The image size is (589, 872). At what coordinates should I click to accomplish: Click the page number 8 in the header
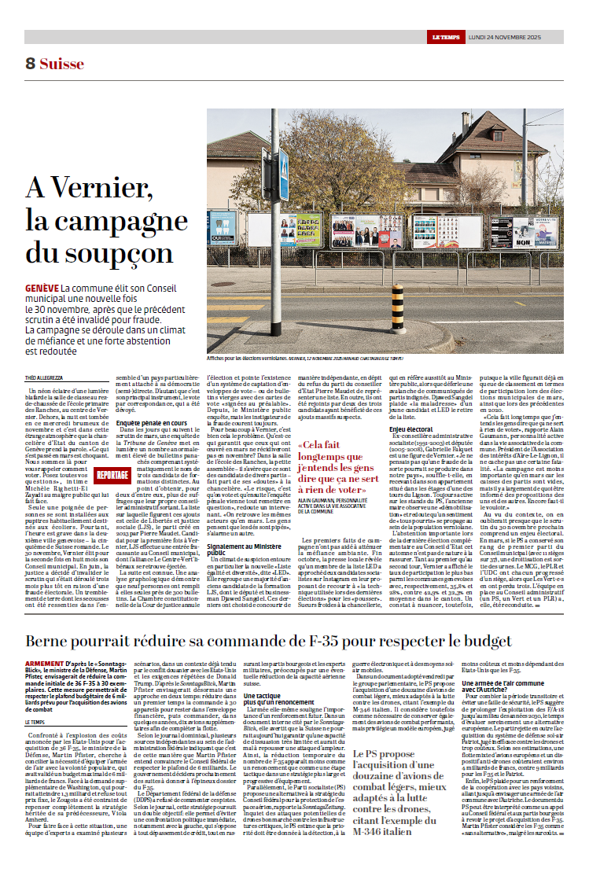pyautogui.click(x=30, y=64)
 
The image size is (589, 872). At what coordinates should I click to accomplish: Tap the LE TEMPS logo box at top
pyautogui.click(x=446, y=37)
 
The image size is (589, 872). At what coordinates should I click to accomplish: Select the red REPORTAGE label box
pyautogui.click(x=109, y=475)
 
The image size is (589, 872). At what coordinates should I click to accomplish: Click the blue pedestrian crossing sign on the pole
pyautogui.click(x=285, y=164)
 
